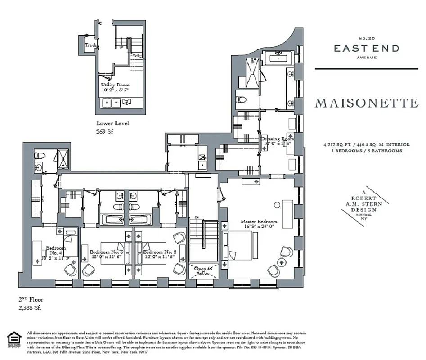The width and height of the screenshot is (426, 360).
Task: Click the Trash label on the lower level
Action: [x=91, y=45]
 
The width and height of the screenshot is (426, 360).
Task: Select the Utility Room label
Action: [x=115, y=84]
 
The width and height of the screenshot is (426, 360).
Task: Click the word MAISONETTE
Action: [x=367, y=103]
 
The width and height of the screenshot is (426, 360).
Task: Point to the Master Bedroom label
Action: [x=259, y=222]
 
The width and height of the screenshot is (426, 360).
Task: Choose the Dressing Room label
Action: [x=277, y=139]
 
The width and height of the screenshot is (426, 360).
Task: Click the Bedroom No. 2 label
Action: [x=159, y=252]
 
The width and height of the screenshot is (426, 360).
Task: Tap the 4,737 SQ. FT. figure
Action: [x=336, y=144]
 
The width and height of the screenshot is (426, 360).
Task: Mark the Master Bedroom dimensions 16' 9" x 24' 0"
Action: [x=259, y=227]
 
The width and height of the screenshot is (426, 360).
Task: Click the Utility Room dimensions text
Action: [x=115, y=90]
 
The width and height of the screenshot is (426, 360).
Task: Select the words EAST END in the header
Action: [x=366, y=49]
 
